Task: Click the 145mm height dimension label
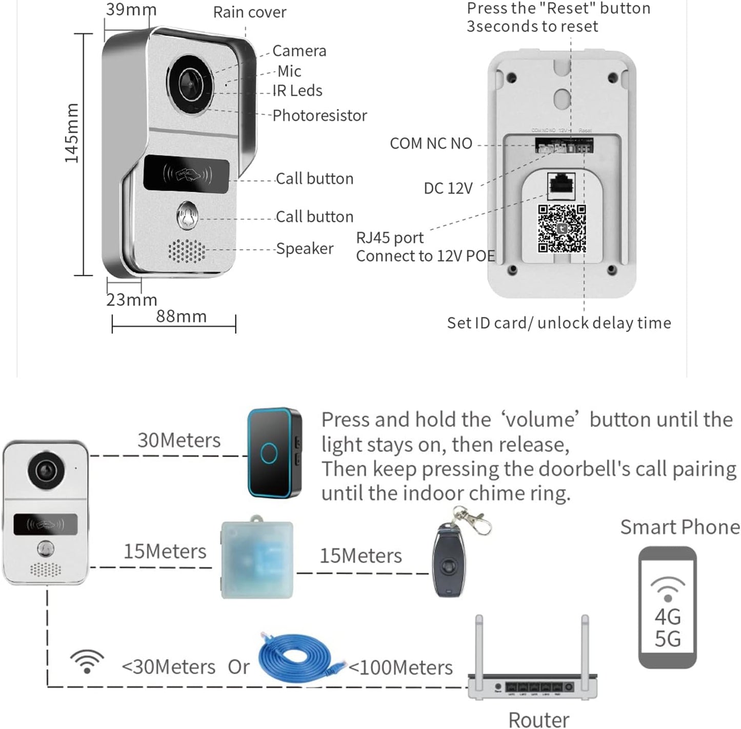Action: (72, 133)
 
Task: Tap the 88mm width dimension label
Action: (181, 316)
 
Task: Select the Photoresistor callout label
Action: (319, 116)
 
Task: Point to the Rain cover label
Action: (250, 12)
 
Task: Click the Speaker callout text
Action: (305, 248)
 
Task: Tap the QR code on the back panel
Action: (562, 228)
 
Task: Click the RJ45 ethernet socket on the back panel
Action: (562, 185)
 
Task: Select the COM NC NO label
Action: (431, 143)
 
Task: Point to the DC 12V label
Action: (448, 189)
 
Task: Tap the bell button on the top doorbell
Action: (187, 216)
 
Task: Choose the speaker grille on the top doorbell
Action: (187, 251)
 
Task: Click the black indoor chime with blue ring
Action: (274, 453)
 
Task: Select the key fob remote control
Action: (449, 561)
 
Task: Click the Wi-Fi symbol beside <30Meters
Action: (87, 661)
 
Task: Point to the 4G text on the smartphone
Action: (668, 617)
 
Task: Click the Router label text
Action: (538, 719)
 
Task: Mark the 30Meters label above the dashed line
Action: (179, 441)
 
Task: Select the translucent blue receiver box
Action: (257, 559)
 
